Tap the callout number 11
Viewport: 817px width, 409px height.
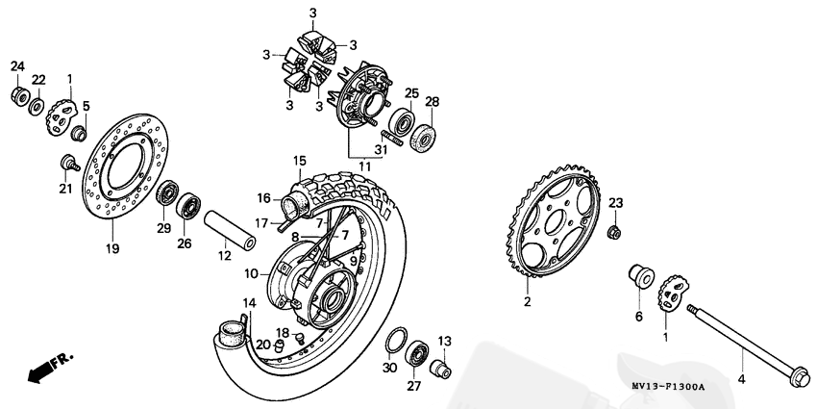[x=363, y=166]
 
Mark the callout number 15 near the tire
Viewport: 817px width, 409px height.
[x=300, y=160]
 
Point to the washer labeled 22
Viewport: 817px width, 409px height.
[x=36, y=104]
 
